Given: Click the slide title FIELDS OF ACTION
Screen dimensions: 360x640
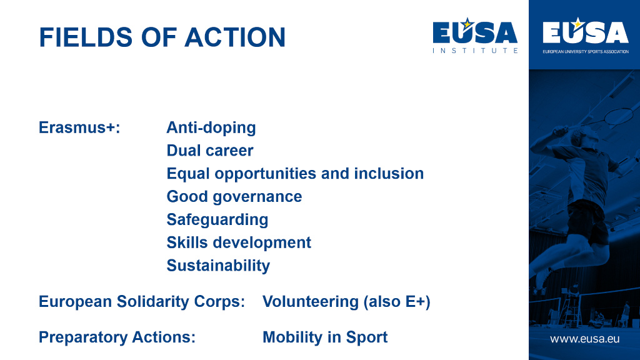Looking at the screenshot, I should pyautogui.click(x=162, y=37).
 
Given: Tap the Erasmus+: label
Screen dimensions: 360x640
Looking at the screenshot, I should pyautogui.click(x=79, y=127).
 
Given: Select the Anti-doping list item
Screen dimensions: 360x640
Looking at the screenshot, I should pyautogui.click(x=211, y=127).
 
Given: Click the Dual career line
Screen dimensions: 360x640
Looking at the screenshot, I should pyautogui.click(x=210, y=151).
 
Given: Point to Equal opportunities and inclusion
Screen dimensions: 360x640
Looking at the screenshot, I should pyautogui.click(x=295, y=173).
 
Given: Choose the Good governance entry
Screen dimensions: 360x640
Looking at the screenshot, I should pyautogui.click(x=234, y=196).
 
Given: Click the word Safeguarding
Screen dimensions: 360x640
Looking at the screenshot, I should pyautogui.click(x=217, y=219).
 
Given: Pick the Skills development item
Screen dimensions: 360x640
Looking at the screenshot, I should pyautogui.click(x=239, y=242).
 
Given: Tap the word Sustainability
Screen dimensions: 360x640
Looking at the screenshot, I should pyautogui.click(x=218, y=265).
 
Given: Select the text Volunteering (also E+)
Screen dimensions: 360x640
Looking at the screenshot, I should pyautogui.click(x=346, y=302).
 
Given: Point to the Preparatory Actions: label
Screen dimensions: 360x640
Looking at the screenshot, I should pyautogui.click(x=117, y=337).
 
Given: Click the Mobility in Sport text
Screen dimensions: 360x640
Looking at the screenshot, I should pyautogui.click(x=325, y=337).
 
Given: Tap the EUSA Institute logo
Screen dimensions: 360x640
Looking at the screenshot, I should pyautogui.click(x=475, y=36).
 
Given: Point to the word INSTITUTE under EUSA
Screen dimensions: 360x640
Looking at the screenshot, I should pyautogui.click(x=475, y=51).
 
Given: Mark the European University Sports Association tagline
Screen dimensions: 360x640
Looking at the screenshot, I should pyautogui.click(x=585, y=51).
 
